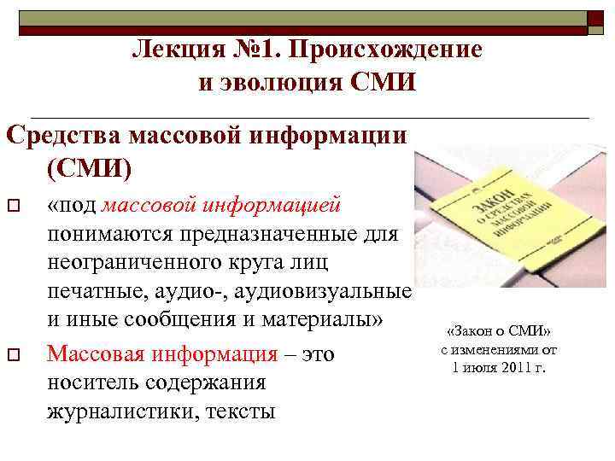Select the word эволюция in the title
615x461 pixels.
(278, 82)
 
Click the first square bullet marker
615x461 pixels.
(13, 206)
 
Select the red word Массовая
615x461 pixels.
(103, 353)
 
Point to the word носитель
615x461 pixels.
(93, 383)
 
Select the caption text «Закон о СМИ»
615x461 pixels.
(499, 332)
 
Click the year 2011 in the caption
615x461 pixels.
(515, 368)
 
